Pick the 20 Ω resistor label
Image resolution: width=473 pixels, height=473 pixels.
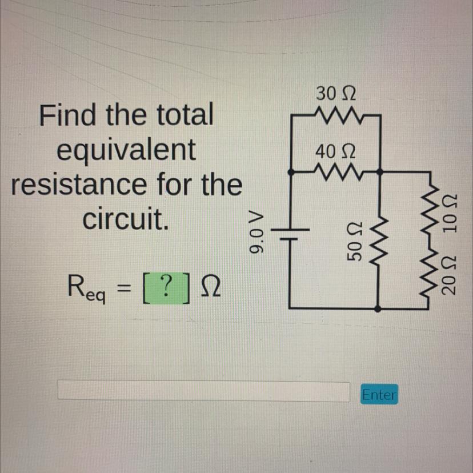[x=451, y=276]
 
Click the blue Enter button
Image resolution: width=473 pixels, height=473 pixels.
[x=379, y=394]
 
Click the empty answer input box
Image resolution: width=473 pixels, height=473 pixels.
[x=204, y=392]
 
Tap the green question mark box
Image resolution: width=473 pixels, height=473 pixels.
[x=165, y=284]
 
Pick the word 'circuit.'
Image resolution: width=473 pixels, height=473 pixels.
[x=126, y=219]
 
